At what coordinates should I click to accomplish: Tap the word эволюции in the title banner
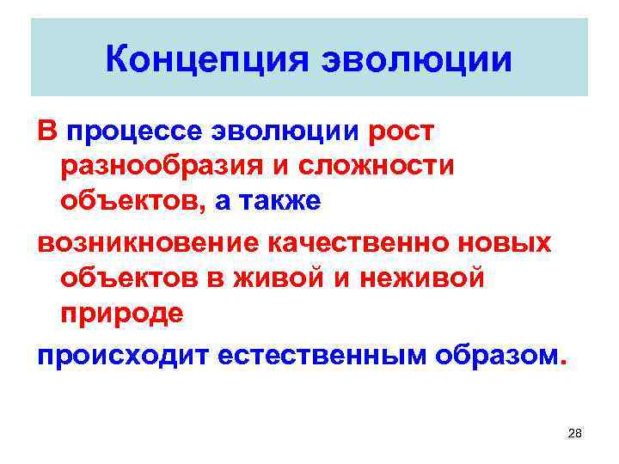[415, 59]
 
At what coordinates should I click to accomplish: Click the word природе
[121, 313]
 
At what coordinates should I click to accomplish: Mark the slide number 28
[575, 435]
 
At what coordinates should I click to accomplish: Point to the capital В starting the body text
[46, 132]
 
